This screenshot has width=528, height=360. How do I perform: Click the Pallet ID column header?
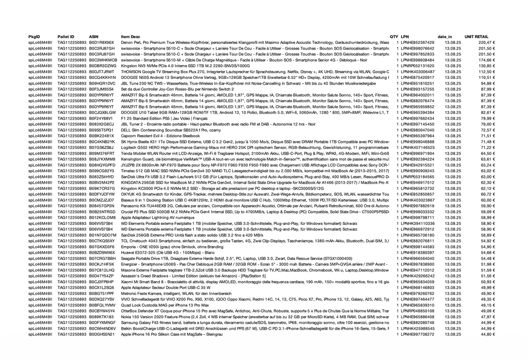point(66,37)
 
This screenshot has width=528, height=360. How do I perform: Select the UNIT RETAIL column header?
point(476,37)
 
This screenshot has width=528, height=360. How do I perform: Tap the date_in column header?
point(444,37)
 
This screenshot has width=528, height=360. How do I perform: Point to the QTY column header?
point(394,37)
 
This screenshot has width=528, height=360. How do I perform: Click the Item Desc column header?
point(130,37)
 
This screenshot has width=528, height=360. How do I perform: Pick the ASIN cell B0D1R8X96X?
point(102,42)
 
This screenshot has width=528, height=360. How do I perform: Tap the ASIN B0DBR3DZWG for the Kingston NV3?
point(103,66)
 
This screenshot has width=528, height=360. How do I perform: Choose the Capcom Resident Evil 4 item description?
point(160,136)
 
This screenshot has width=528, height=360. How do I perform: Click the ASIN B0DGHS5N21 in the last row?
point(102,334)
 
